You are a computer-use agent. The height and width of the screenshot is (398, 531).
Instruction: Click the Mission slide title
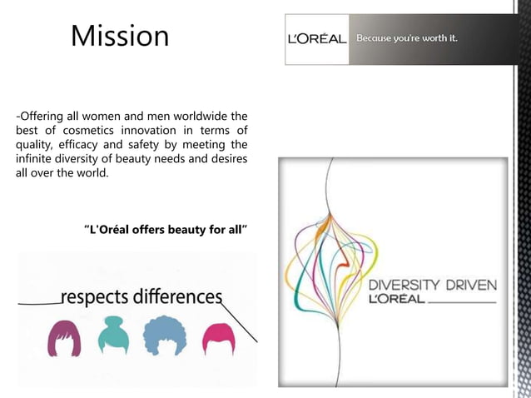point(120,36)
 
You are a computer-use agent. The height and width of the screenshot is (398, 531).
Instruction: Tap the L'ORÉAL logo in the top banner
point(316,39)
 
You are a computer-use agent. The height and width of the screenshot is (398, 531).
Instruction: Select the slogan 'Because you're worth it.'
point(407,38)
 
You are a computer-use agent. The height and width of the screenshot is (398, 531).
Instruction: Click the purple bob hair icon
point(64,338)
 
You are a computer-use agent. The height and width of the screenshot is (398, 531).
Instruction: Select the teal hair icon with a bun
point(113,335)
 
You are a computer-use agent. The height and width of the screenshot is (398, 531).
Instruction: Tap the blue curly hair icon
point(166,336)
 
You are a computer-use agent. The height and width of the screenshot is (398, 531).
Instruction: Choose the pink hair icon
point(218,338)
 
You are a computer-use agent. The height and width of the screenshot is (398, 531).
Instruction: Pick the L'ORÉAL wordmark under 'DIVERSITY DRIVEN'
point(397,298)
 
